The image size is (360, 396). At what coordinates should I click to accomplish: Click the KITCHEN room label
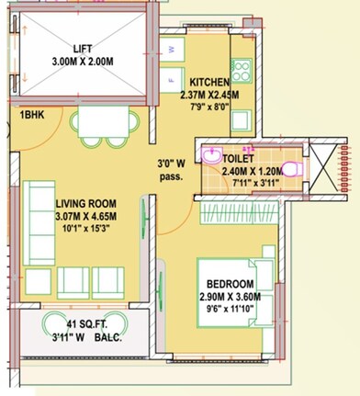212,80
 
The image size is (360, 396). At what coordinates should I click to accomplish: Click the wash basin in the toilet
212,153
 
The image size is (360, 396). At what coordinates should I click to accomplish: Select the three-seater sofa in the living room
38,210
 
